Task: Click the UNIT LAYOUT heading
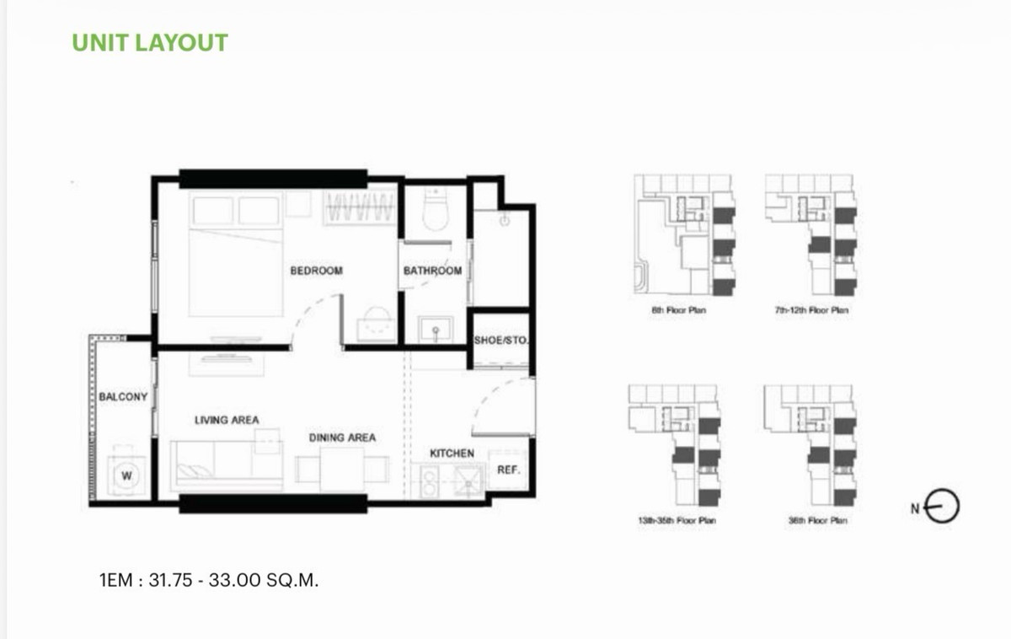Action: click(150, 43)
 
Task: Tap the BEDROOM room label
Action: click(317, 271)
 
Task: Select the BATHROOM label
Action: click(432, 271)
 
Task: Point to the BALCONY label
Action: click(123, 396)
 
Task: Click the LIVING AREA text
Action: click(227, 420)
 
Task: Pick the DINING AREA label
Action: click(342, 438)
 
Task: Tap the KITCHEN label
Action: click(452, 454)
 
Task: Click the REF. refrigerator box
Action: click(509, 470)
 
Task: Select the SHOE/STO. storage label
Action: click(501, 340)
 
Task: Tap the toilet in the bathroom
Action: click(435, 209)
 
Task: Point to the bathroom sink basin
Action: click(435, 330)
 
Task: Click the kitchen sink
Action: click(468, 482)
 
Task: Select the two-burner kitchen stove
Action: click(429, 482)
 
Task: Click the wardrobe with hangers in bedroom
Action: click(360, 207)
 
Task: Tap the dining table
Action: click(342, 469)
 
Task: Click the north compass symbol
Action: click(941, 507)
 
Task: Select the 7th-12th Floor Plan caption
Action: click(811, 310)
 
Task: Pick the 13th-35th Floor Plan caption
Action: click(677, 520)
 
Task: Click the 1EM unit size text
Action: click(209, 580)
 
